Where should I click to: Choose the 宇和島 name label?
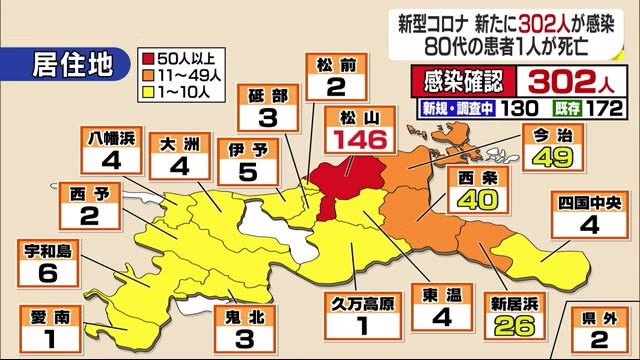coord(50,252)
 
